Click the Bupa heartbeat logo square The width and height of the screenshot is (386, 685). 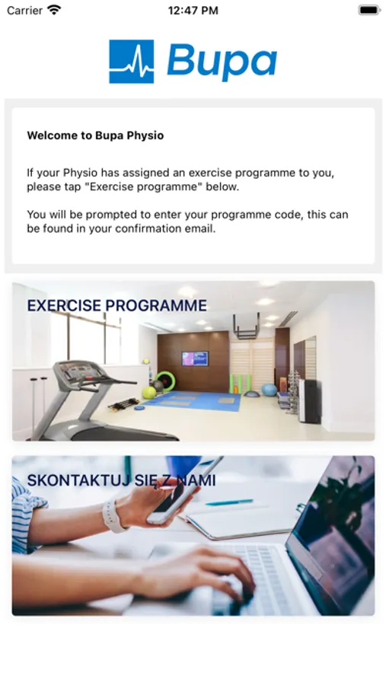point(131,61)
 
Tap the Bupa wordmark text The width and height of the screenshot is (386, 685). point(222,62)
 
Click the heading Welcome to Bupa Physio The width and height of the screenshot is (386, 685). point(95,135)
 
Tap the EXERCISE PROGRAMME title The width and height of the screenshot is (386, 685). point(116,305)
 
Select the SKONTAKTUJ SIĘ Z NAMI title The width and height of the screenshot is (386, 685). point(121,480)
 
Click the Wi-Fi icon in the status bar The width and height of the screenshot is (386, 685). point(55,10)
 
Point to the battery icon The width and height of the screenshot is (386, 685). point(369,10)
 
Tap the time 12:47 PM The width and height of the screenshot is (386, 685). point(193,11)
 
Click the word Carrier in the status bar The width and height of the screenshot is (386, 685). point(25,11)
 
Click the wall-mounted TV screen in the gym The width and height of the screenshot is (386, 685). point(195,358)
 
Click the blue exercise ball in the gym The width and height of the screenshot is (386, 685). point(270,390)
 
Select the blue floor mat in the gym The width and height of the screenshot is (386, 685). point(193,400)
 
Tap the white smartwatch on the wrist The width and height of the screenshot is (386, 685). point(113,516)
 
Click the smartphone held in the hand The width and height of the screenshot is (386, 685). point(183,491)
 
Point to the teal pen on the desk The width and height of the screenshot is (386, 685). point(229,502)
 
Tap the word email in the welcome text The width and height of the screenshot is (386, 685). point(200,229)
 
